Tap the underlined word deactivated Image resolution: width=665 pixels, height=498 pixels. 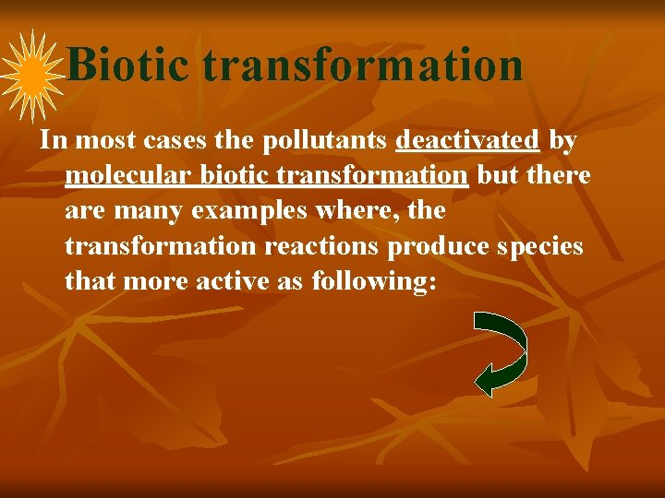coord(467,140)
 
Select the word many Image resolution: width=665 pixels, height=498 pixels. coord(150,211)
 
